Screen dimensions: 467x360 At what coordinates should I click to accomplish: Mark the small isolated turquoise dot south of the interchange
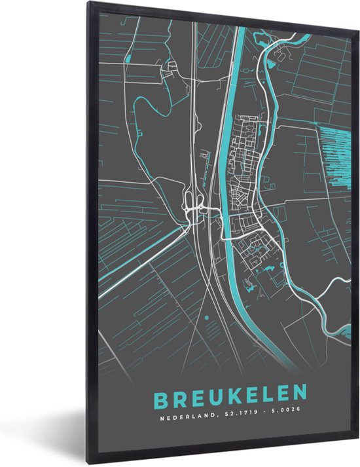(x=207, y=318)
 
